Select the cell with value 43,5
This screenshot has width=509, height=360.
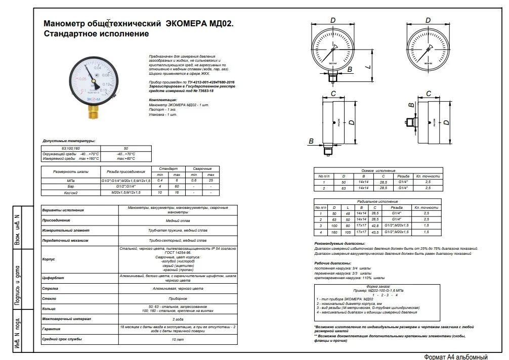(x=375, y=232)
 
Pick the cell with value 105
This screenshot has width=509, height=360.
(x=348, y=232)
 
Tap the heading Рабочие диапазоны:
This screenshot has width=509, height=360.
(x=332, y=263)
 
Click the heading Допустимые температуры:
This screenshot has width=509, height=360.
(x=69, y=141)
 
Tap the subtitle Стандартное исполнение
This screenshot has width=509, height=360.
(x=97, y=34)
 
